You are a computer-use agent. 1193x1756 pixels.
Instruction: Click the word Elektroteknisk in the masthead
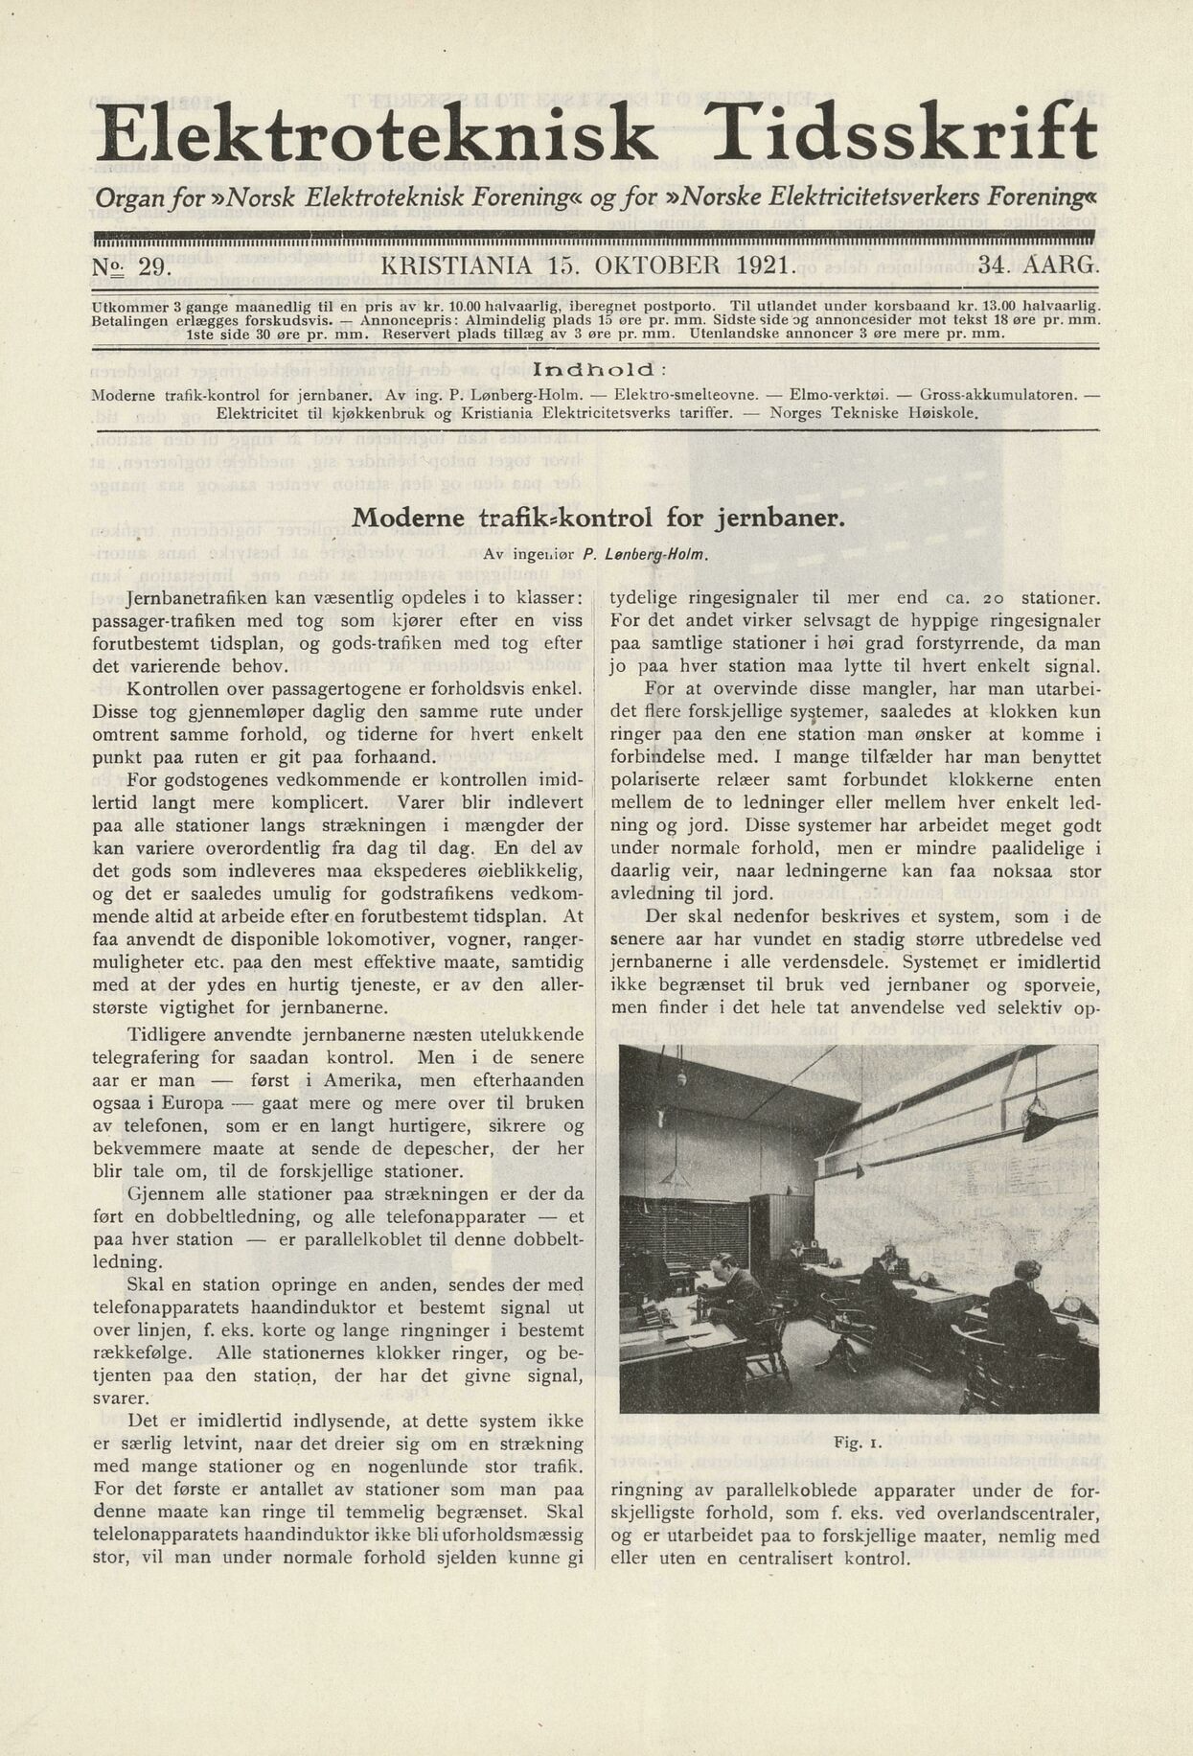point(376,134)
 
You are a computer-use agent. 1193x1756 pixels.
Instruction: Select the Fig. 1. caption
point(858,1442)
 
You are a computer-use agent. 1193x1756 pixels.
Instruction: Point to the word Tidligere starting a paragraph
point(163,1035)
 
